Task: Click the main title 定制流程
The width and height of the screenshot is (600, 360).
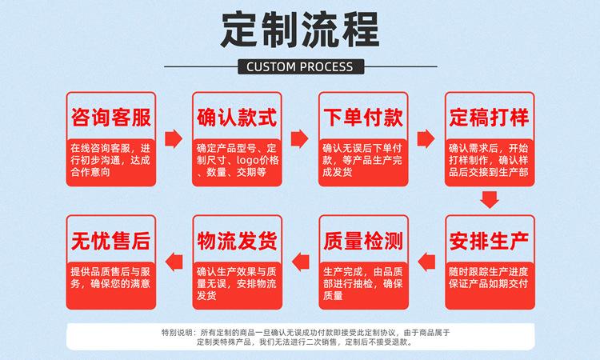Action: (299, 31)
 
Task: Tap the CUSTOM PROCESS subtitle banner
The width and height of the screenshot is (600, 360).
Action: (299, 66)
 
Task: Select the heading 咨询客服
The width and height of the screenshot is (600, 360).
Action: (110, 118)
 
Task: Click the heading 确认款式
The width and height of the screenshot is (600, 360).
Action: (237, 118)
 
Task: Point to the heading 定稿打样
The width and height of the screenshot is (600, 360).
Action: (490, 118)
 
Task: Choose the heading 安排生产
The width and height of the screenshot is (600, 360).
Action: (490, 239)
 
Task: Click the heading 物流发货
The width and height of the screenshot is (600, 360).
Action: (237, 239)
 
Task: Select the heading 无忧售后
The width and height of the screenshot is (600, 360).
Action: (110, 239)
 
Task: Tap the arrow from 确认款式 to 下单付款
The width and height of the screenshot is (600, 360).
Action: (300, 139)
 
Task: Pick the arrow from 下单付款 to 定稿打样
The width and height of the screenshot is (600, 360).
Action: (426, 139)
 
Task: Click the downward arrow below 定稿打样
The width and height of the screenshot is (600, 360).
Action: (490, 201)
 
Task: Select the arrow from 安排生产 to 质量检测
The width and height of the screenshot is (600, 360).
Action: (426, 259)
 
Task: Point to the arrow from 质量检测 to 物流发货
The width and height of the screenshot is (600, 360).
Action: (300, 259)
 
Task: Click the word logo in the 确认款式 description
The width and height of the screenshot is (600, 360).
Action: (245, 160)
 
